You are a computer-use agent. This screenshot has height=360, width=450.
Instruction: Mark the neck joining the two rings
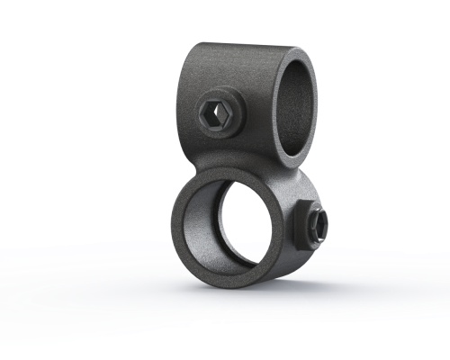point(261,167)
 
